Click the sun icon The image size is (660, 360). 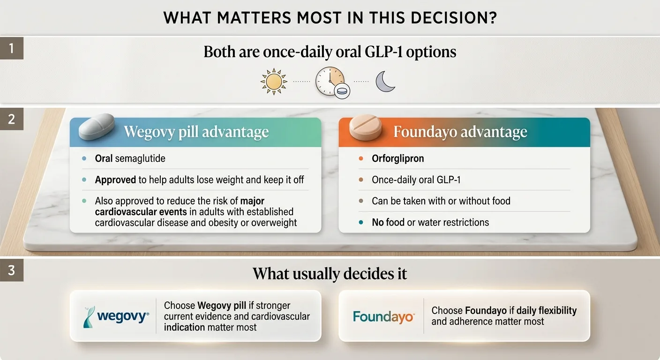click(273, 82)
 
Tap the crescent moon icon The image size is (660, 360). click(385, 82)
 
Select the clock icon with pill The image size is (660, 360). click(331, 82)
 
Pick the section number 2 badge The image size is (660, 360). click(11, 119)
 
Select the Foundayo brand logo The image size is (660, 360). click(383, 316)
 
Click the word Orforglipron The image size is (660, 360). click(397, 158)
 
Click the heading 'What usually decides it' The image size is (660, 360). click(330, 274)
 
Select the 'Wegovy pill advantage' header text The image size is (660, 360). click(196, 132)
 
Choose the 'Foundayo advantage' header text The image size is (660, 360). click(460, 132)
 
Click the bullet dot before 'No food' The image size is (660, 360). click(360, 222)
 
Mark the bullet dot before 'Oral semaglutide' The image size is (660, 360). click(84, 158)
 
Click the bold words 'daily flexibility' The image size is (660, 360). click(544, 310)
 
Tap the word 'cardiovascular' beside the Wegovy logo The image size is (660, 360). click(278, 316)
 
